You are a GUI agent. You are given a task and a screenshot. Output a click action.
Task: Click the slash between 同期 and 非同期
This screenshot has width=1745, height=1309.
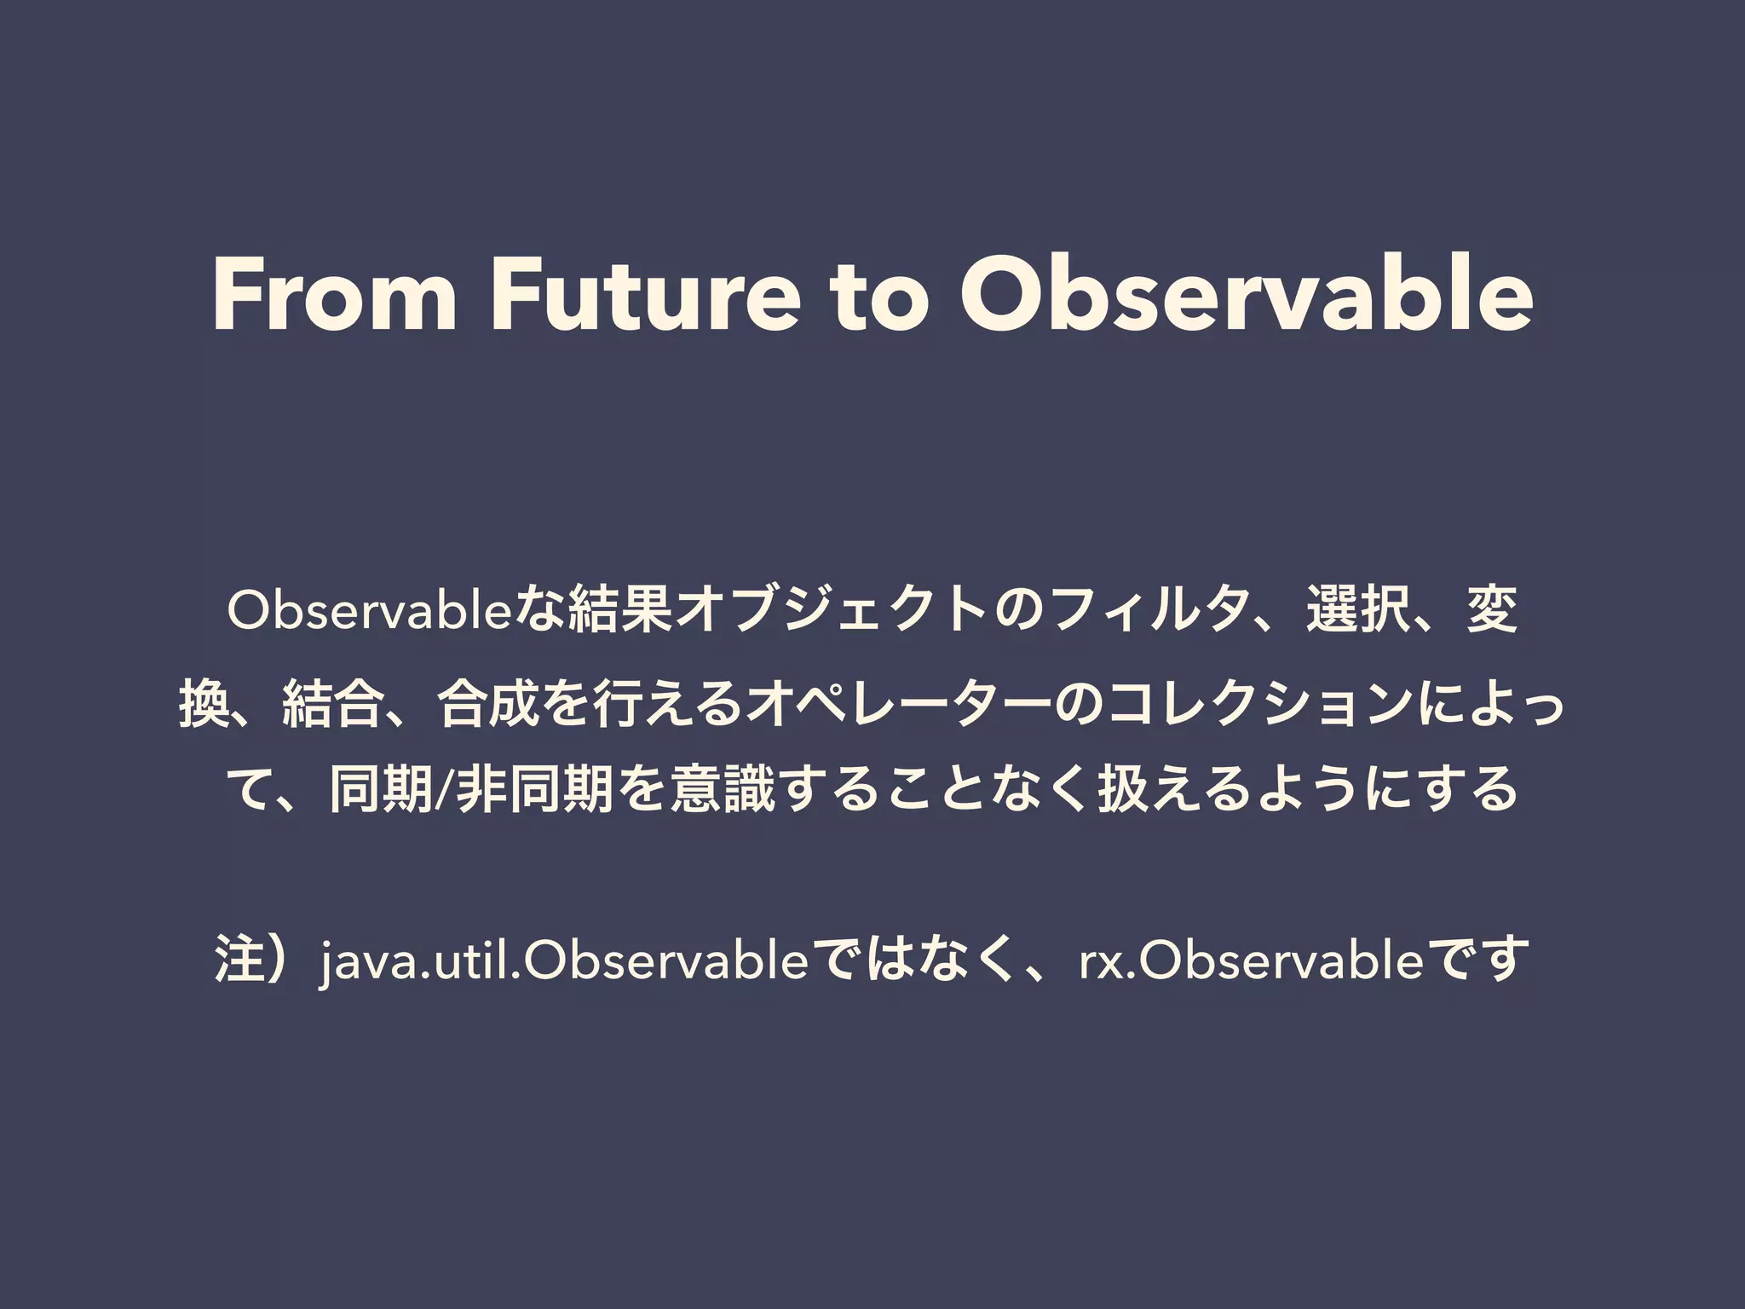point(439,789)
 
